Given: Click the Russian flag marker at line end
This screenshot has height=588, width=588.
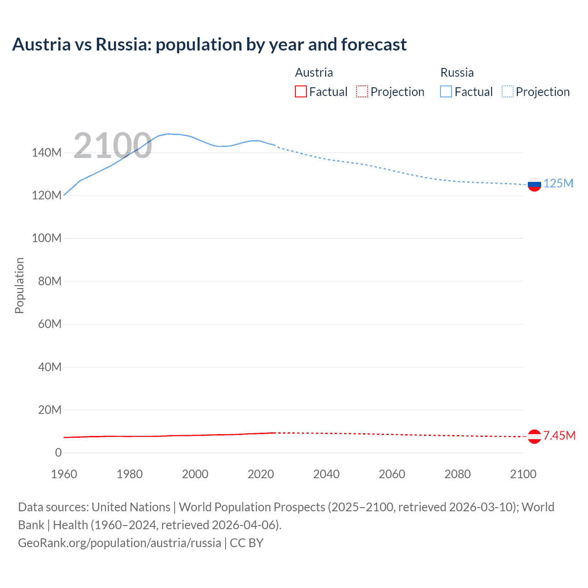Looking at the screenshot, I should tap(534, 184).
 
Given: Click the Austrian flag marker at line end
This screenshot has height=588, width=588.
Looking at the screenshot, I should tap(534, 436).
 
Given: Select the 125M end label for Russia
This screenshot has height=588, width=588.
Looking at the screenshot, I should tap(558, 183).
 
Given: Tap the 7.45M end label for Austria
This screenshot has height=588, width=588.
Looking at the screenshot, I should tap(559, 435).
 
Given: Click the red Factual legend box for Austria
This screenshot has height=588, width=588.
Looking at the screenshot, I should tap(301, 91).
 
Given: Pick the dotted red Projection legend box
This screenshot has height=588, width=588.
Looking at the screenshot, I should tap(362, 91).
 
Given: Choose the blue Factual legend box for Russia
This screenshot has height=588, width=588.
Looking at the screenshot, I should tap(446, 91).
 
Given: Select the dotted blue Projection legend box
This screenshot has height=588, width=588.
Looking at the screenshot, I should tap(507, 91).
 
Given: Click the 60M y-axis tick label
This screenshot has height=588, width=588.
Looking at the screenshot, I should tap(50, 324).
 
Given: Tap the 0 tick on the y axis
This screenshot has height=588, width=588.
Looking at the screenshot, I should tap(58, 452).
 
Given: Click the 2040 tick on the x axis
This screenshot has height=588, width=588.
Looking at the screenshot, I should tap(326, 474).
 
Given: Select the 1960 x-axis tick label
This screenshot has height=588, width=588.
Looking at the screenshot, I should tap(64, 474).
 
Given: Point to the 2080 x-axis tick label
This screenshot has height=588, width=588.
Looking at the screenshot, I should tap(458, 474).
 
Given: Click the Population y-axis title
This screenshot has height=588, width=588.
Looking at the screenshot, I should tap(19, 285).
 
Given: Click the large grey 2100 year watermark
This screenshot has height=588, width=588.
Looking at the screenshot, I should tap(113, 146).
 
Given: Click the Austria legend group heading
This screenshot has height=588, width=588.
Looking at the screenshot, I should tap(314, 73).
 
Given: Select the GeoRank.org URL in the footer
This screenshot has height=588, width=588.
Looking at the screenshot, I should tap(119, 543).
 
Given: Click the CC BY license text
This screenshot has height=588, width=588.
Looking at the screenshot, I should tap(247, 543).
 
